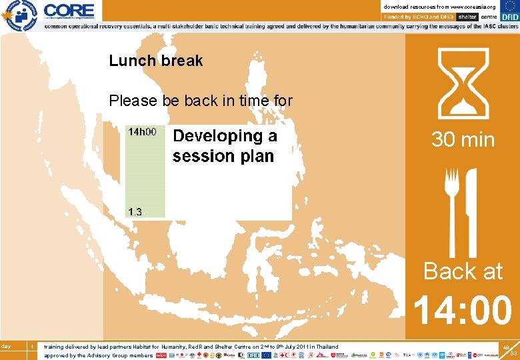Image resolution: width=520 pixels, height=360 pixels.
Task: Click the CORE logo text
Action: (69, 9)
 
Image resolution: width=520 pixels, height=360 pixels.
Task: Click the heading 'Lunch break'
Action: (156, 61)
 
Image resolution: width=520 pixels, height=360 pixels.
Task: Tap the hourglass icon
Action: (462, 84)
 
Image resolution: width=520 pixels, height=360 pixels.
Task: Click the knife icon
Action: (471, 203)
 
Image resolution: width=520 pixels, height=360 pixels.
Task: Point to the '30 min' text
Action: (463, 140)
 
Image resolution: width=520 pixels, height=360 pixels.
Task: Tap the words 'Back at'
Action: (463, 271)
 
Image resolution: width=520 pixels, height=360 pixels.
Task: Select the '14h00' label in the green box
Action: (143, 132)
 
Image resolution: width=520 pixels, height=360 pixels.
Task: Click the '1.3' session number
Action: (135, 212)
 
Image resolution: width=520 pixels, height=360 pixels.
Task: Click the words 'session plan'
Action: (223, 157)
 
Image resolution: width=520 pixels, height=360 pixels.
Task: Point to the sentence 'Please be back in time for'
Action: (201, 101)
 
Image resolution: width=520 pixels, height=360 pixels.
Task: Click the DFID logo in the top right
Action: (509, 16)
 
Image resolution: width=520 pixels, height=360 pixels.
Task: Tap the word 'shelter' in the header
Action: (467, 17)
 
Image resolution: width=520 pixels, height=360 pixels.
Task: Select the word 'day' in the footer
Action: (6, 345)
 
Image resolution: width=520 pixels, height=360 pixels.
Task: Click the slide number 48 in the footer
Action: (506, 347)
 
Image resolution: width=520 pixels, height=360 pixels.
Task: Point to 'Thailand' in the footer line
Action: (327, 347)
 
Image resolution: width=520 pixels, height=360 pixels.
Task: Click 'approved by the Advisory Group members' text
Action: (99, 355)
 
